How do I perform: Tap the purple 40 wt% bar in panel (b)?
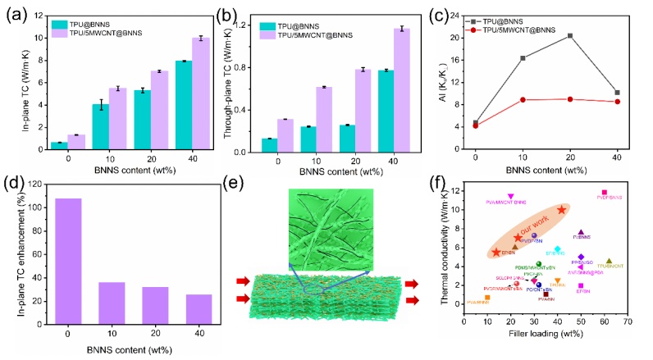(x=400, y=90)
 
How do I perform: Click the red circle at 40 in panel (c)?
(x=617, y=102)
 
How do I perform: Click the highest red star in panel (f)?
(x=561, y=210)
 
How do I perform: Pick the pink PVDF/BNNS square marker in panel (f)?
(x=605, y=193)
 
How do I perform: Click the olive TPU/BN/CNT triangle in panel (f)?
(x=609, y=261)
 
